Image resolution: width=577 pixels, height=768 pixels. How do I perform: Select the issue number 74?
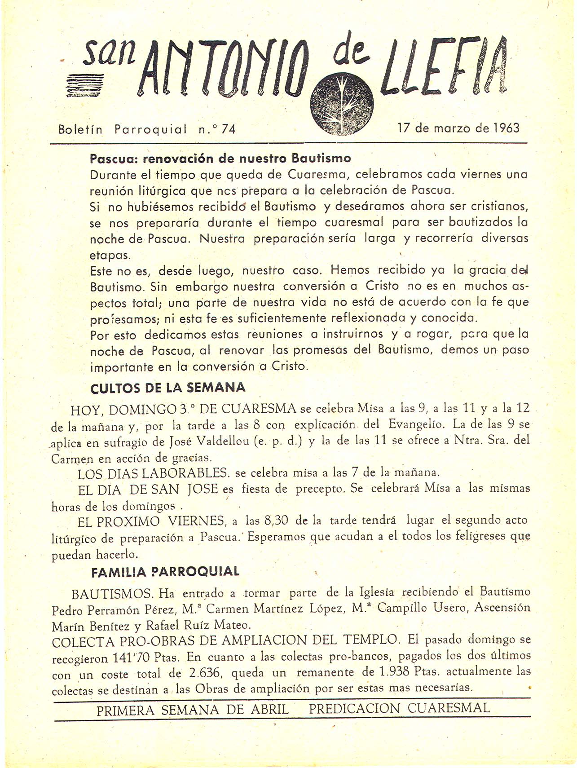click(x=228, y=129)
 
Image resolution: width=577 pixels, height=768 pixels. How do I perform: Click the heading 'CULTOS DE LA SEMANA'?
click(x=167, y=388)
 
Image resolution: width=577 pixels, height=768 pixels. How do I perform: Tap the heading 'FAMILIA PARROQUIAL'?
click(x=165, y=572)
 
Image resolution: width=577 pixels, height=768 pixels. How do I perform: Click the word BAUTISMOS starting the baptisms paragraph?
click(x=113, y=594)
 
